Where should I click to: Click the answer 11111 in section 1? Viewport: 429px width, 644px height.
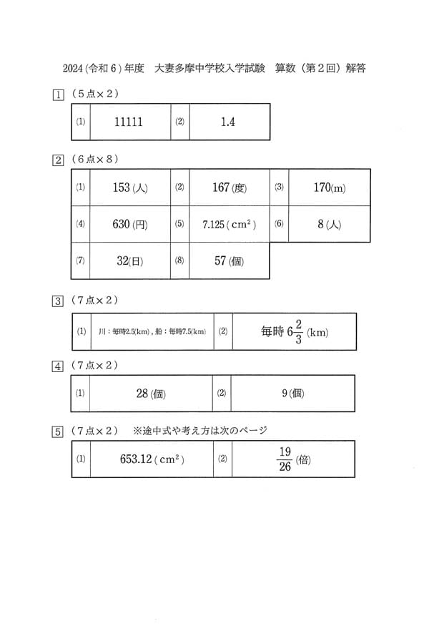point(129,122)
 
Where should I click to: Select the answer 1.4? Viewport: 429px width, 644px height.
point(228,122)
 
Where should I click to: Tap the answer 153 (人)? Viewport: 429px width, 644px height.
point(130,187)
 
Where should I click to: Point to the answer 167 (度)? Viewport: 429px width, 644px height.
point(230,187)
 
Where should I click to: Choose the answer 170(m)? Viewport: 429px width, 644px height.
point(330,187)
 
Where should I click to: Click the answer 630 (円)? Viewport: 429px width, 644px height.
point(130,224)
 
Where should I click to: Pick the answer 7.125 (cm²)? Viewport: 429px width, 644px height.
point(229,224)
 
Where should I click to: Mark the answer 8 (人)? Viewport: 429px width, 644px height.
point(329,224)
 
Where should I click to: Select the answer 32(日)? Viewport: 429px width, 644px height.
point(129,260)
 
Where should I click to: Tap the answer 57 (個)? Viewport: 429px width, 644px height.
point(229,260)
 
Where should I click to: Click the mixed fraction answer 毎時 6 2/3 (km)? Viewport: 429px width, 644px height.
point(295,332)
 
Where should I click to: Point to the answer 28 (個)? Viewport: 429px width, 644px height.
point(151,394)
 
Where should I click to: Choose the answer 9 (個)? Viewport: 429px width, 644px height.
point(293,394)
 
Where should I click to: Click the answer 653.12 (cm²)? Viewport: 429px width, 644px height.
point(152,459)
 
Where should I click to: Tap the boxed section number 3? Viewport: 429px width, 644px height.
point(58,301)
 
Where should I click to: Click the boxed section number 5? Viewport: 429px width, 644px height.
point(58,432)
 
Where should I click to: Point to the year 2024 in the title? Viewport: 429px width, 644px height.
point(73,68)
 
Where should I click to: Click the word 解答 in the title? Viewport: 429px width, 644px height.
point(355,68)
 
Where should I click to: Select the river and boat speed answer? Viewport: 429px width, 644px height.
point(152,331)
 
